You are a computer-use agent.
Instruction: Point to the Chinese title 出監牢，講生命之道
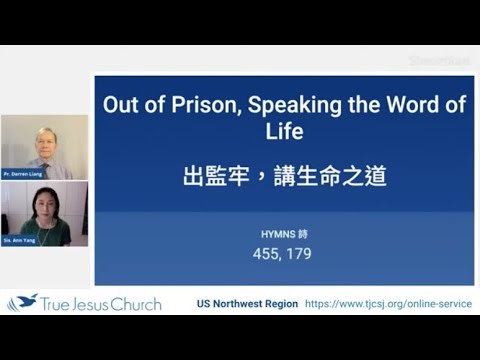284,177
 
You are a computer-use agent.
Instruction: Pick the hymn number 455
268,254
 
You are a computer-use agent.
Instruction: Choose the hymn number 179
299,254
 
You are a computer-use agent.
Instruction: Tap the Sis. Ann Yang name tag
21,240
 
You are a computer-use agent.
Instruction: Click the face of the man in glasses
46,140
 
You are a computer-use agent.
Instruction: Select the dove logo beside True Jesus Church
21,303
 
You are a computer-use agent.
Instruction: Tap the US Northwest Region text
247,304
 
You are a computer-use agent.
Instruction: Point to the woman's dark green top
46,232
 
